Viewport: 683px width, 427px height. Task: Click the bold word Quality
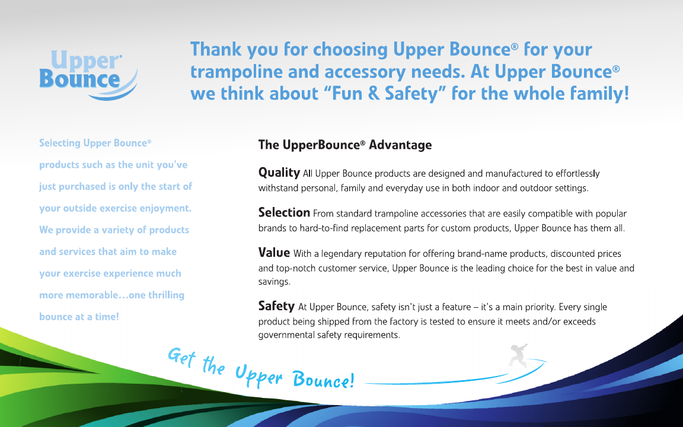279,173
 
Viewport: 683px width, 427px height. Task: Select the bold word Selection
284,213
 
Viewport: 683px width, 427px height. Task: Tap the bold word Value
274,253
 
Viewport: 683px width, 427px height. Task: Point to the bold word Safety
277,306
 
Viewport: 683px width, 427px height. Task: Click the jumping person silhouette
518,356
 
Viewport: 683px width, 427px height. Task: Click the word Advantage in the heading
400,145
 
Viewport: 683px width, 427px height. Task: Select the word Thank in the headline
216,49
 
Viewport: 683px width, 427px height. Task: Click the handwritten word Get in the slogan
181,357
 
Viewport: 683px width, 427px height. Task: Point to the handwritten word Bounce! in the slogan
323,380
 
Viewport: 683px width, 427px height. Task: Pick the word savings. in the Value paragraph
275,282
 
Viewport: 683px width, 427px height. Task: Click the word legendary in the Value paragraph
341,254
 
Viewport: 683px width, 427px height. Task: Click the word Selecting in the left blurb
60,144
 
